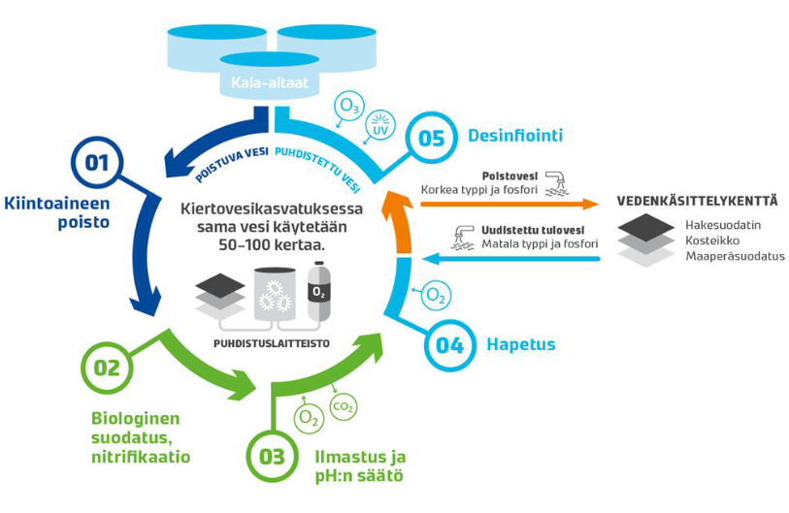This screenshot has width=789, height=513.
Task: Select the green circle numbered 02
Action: (x=107, y=368)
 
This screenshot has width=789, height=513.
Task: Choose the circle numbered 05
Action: (x=431, y=138)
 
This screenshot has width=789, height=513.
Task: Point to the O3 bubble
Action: (x=345, y=106)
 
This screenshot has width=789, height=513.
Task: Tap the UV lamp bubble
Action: (x=379, y=129)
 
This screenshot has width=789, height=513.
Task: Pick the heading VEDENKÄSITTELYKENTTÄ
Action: (x=697, y=202)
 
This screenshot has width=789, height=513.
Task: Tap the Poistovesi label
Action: (x=506, y=176)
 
